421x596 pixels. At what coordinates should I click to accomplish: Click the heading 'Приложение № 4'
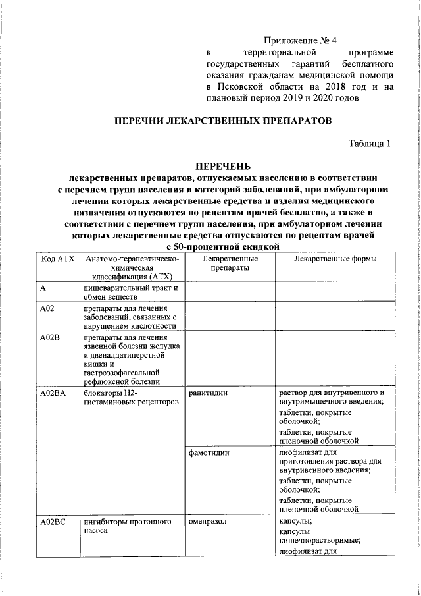tap(304, 40)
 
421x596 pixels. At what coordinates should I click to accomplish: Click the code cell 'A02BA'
tap(52, 393)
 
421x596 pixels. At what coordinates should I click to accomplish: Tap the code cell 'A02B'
tap(49, 339)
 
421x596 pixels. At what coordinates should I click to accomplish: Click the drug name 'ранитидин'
tap(209, 393)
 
